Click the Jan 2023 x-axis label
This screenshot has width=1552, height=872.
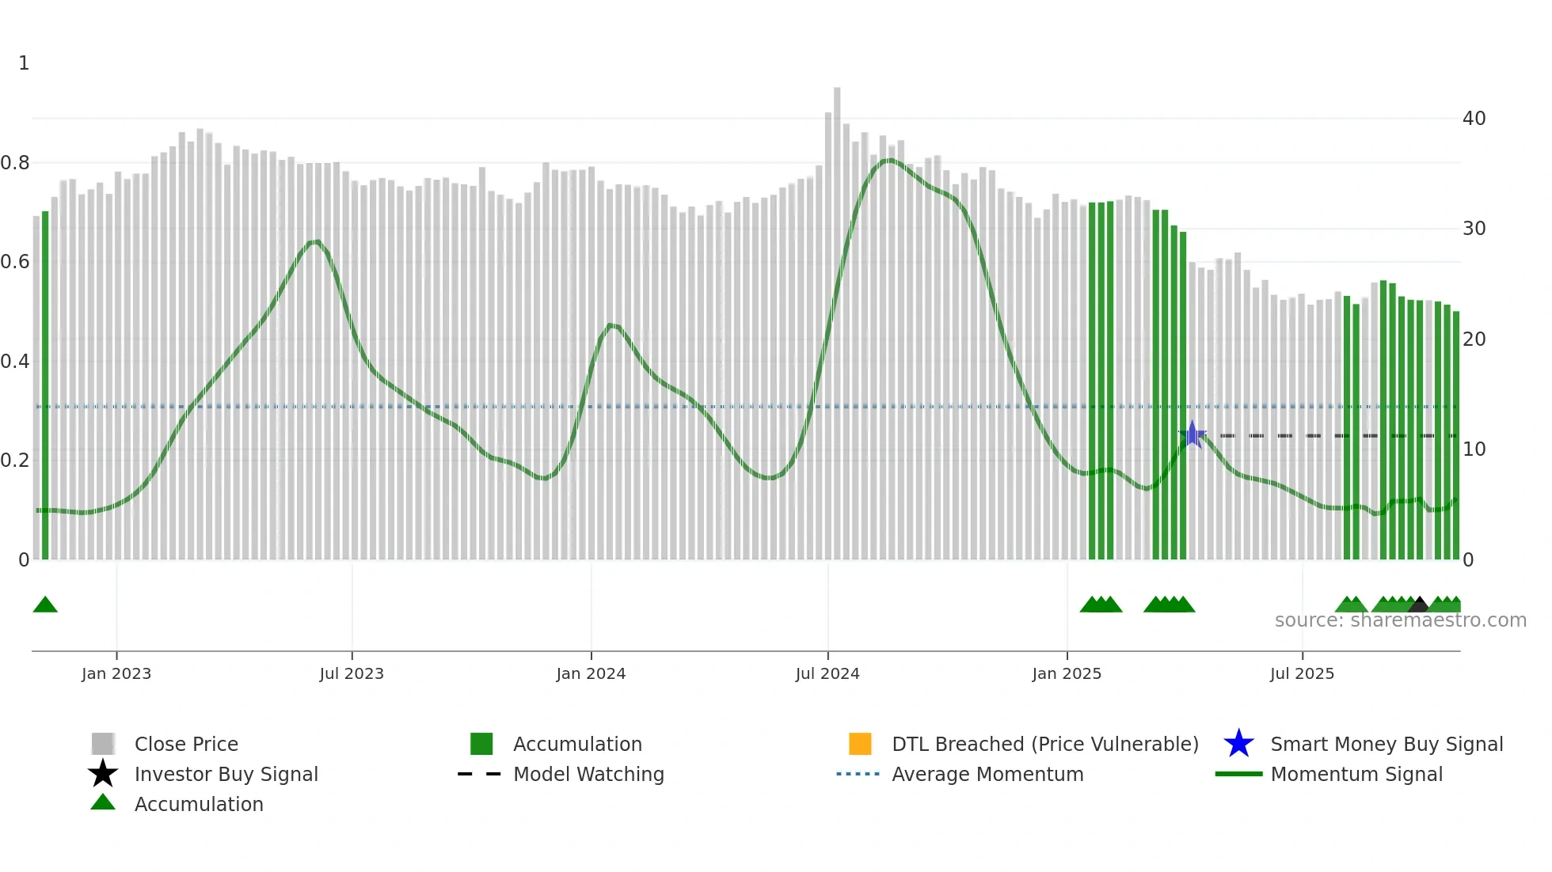[x=116, y=673]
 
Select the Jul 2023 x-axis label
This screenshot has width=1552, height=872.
[x=352, y=673]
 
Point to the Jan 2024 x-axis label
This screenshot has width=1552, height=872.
[x=591, y=673]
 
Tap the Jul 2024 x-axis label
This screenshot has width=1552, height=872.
[x=827, y=673]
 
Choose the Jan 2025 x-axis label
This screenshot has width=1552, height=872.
[x=1067, y=673]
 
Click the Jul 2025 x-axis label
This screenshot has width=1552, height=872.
[x=1302, y=673]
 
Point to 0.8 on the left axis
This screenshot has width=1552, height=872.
[x=15, y=163]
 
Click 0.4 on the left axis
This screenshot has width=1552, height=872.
[x=15, y=362]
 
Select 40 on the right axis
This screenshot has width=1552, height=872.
[x=1474, y=119]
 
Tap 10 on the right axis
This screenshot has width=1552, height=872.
[x=1474, y=449]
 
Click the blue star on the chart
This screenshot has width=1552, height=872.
[x=1193, y=435]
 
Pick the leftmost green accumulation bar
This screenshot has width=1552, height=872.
[x=45, y=385]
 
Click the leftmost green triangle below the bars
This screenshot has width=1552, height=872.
[x=45, y=605]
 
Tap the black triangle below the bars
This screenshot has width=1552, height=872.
[x=1419, y=605]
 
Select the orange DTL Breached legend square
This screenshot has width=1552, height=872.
[x=860, y=744]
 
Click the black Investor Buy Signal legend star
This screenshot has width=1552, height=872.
[x=103, y=774]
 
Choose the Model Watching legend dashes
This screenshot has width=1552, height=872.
[x=479, y=774]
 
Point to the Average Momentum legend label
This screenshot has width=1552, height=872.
[x=987, y=774]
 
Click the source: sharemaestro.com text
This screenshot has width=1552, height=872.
[x=1400, y=620]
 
